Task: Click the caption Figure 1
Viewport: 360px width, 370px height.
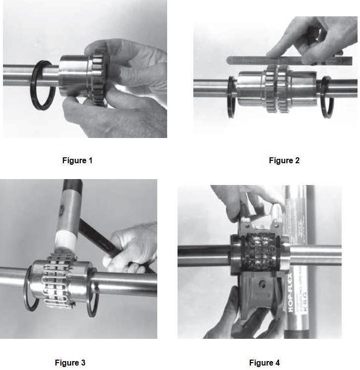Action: (77, 160)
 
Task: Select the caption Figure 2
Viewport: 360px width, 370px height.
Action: (284, 160)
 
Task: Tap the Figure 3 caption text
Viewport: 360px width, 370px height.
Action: (70, 363)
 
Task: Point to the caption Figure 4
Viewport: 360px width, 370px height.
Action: (264, 363)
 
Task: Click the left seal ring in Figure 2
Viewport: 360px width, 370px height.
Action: (231, 96)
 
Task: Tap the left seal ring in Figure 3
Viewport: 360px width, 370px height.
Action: (30, 289)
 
